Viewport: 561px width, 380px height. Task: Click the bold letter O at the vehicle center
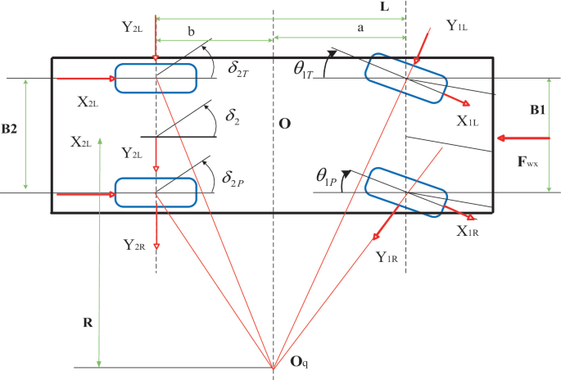coord(284,124)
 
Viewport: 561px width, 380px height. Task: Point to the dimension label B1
coord(537,109)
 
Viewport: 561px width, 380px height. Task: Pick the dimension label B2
coord(11,129)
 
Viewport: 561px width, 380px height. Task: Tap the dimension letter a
coord(361,27)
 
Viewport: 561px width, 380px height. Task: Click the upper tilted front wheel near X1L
coord(406,79)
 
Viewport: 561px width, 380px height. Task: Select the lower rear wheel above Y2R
coord(156,192)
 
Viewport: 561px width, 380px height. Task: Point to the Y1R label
coord(387,257)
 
